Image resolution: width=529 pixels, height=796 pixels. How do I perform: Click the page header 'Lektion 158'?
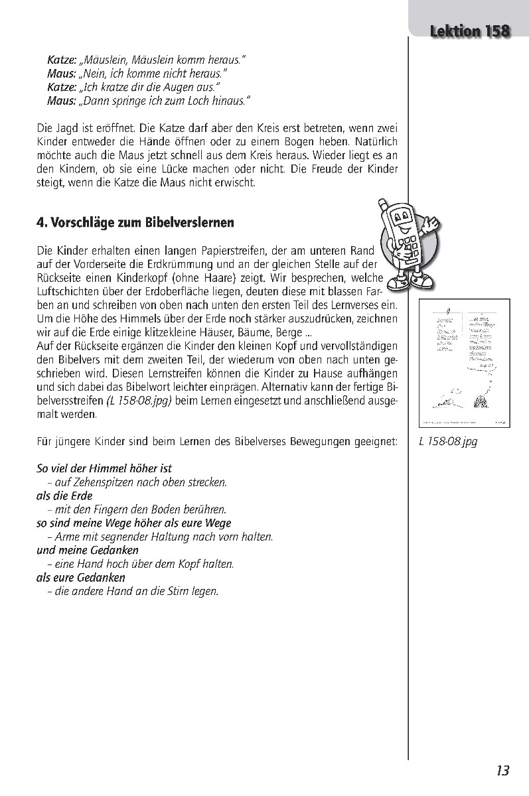point(469,31)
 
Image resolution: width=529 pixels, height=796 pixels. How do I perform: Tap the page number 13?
point(502,770)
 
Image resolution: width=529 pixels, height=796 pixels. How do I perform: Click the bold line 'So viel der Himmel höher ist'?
point(104,468)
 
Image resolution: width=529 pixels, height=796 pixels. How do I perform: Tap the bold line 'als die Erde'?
point(64,496)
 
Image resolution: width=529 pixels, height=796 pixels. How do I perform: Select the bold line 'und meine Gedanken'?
point(87,550)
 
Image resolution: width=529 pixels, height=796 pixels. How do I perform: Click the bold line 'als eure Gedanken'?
point(80,577)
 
